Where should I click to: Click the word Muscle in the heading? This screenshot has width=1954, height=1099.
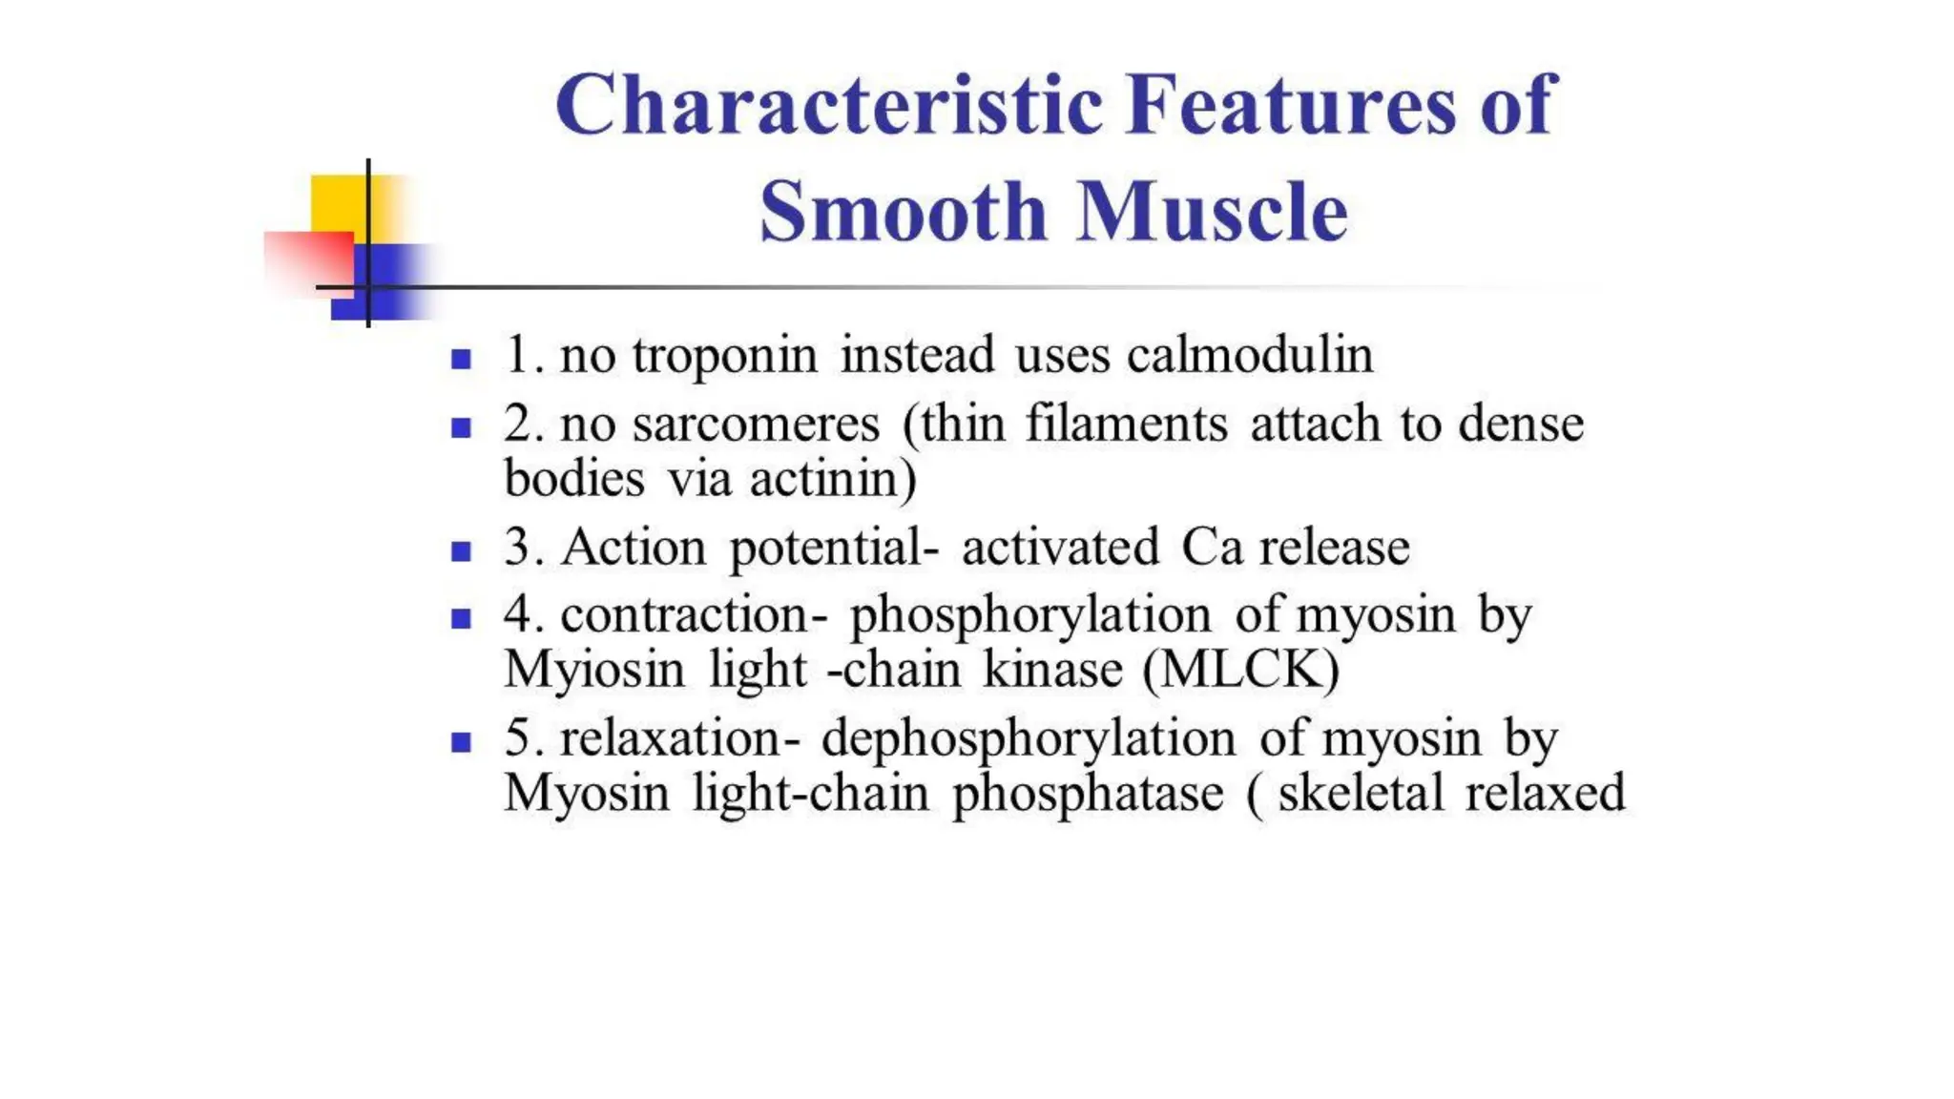click(1213, 212)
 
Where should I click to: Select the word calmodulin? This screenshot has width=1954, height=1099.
click(1250, 355)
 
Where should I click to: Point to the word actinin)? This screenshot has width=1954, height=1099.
click(833, 479)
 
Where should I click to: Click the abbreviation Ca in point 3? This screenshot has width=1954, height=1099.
click(1212, 548)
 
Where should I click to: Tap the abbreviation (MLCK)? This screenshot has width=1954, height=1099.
click(1241, 670)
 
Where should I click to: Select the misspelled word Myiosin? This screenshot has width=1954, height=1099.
click(594, 670)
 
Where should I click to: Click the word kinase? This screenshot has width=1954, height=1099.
click(1053, 670)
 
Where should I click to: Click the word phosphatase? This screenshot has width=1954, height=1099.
click(1088, 794)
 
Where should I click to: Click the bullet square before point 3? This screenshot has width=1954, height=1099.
click(462, 551)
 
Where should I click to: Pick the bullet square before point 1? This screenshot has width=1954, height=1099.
click(462, 360)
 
